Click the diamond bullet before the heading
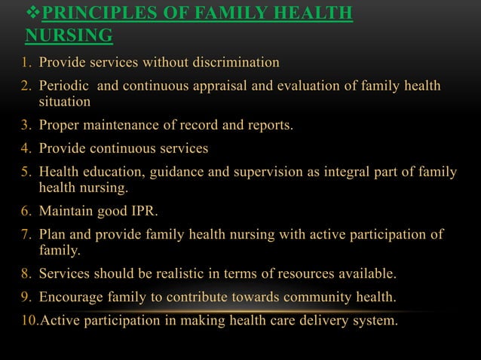pyautogui.click(x=31, y=15)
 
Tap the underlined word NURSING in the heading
pyautogui.click(x=69, y=35)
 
